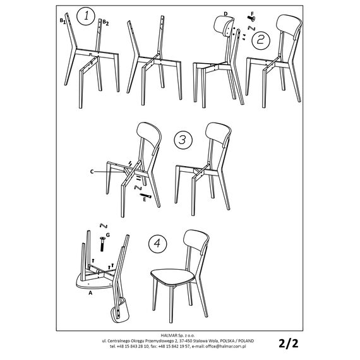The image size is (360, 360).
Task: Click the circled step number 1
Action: [x=86, y=16]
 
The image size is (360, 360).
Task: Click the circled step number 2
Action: [x=261, y=40]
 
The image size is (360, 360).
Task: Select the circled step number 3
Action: [x=183, y=140]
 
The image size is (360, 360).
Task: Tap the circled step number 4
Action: [x=157, y=244]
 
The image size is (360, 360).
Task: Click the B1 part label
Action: [x=63, y=21]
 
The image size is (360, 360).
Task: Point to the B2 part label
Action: [x=105, y=22]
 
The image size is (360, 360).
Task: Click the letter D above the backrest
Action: [x=225, y=14]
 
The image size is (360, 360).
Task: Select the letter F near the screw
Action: [x=253, y=14]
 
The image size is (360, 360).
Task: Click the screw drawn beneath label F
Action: [x=251, y=18]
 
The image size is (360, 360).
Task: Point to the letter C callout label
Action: [x=92, y=172]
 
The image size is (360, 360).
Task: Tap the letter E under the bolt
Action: [x=145, y=200]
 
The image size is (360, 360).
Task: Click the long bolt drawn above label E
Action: [x=145, y=196]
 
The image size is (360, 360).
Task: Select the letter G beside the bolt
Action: [x=108, y=235]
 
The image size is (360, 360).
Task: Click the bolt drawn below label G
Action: [x=102, y=244]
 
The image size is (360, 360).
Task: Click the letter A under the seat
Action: [x=90, y=292]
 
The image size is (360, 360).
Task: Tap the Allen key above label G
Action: [x=104, y=226]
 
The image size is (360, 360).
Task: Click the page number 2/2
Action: [x=289, y=343]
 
